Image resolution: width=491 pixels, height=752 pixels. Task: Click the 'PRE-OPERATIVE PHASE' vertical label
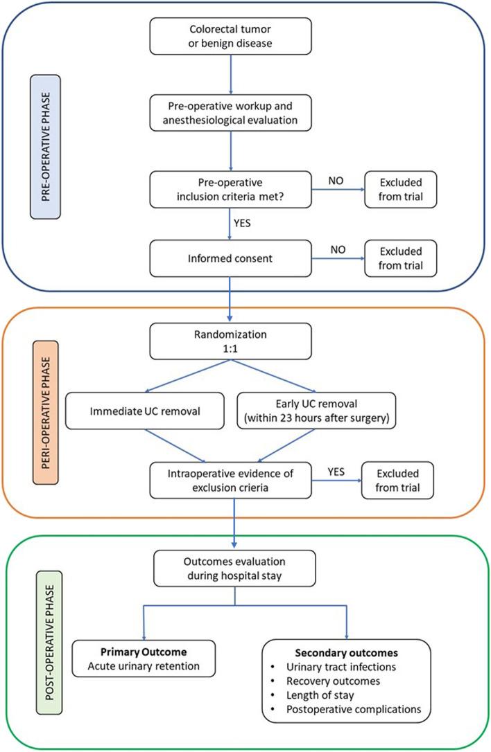[57, 148]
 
